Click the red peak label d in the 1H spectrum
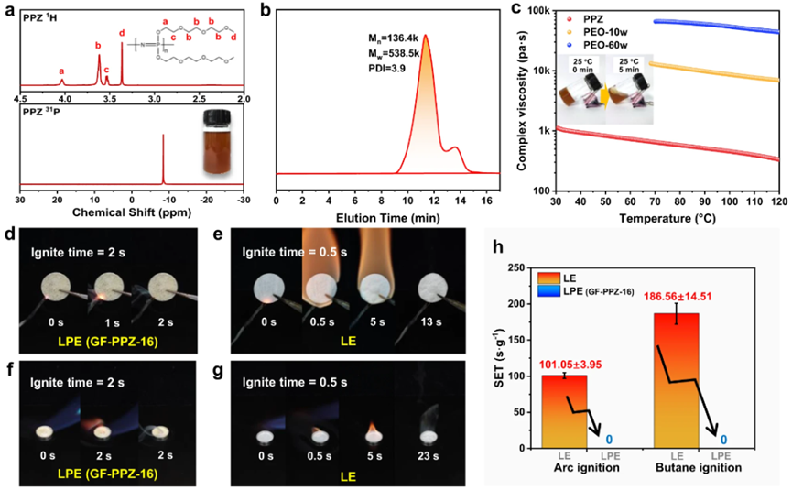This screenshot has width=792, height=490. (122, 34)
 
